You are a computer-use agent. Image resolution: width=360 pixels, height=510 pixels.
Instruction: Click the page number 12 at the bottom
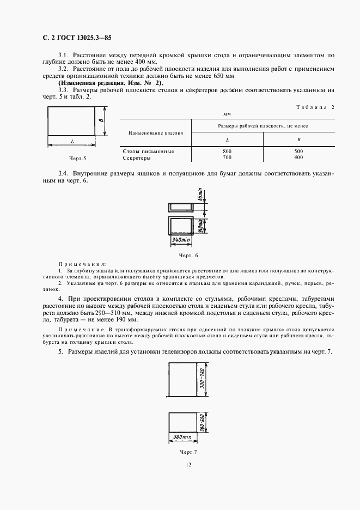pyautogui.click(x=188, y=464)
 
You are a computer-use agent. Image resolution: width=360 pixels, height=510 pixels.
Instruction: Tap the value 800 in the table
pyautogui.click(x=227, y=151)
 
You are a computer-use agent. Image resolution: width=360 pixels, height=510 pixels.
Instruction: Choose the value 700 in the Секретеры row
pyautogui.click(x=227, y=157)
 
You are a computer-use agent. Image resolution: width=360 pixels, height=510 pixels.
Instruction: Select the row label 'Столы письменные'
pyautogui.click(x=149, y=151)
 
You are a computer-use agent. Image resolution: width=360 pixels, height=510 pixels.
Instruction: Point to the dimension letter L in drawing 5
pyautogui.click(x=72, y=142)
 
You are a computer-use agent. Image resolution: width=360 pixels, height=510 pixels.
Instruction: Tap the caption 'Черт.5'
pyautogui.click(x=71, y=159)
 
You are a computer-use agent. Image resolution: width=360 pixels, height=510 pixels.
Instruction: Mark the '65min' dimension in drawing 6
pyautogui.click(x=200, y=195)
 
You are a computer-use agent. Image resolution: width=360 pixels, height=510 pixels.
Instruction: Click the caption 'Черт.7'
pyautogui.click(x=187, y=452)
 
